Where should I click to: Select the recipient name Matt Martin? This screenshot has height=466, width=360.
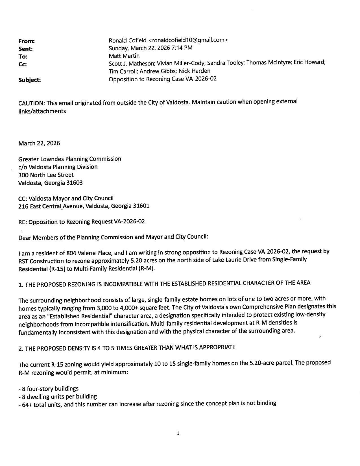(124, 56)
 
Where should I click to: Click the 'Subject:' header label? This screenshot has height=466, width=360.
(29, 80)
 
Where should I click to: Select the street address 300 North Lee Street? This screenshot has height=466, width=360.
(46, 175)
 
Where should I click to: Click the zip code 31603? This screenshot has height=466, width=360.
(74, 183)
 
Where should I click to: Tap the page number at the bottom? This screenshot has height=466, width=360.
(178, 433)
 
